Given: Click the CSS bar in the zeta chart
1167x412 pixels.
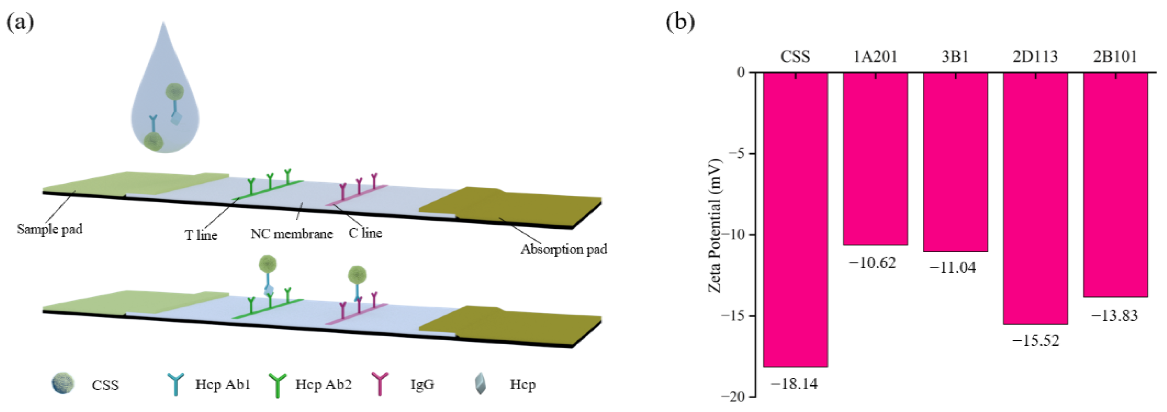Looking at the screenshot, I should point(795,220).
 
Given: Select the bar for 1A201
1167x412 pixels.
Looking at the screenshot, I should point(875,159).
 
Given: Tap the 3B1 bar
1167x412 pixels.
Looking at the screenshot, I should point(955,162).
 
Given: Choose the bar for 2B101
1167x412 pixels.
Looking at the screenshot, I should point(1115,184).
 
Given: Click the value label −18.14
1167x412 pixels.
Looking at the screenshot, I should point(794,384).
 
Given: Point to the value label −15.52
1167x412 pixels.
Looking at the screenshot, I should point(1036,340).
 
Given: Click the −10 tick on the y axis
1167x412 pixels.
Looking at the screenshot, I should point(734,234).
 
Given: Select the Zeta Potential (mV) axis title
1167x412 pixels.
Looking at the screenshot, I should point(714,225).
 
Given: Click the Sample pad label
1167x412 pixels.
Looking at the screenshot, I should point(50,229).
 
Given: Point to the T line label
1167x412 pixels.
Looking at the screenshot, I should point(201,235).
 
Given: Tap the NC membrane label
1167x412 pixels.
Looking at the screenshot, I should point(291,234).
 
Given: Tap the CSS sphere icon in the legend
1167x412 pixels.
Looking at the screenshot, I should point(63,383).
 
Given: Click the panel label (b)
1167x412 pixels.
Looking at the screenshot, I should point(680,21).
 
